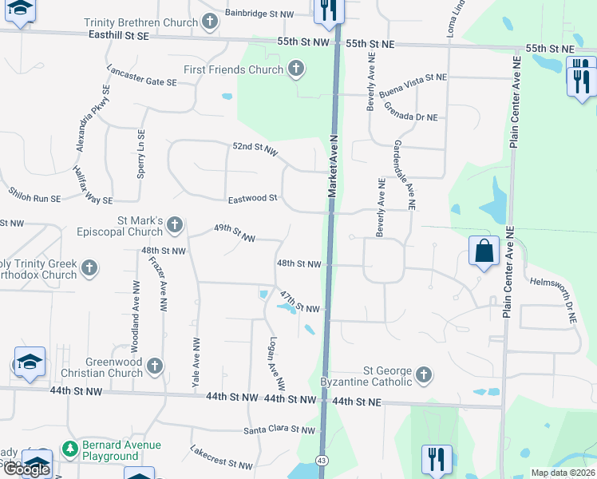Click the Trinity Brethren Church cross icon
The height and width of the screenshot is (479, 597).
[x=210, y=22]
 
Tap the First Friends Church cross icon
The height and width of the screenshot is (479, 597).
[x=296, y=69]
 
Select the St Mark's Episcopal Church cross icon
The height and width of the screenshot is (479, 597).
[x=176, y=227]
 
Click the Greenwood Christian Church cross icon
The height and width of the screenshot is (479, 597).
[x=155, y=366]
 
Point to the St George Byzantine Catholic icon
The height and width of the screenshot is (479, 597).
[x=424, y=374]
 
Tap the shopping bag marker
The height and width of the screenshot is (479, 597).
[x=484, y=251]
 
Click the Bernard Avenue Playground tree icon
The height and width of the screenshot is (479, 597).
[x=71, y=450]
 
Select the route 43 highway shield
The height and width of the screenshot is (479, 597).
[x=321, y=461]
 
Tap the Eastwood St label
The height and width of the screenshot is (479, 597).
[x=252, y=198]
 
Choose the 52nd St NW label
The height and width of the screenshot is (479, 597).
[x=255, y=148]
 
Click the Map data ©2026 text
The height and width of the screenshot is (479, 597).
[x=562, y=473]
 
